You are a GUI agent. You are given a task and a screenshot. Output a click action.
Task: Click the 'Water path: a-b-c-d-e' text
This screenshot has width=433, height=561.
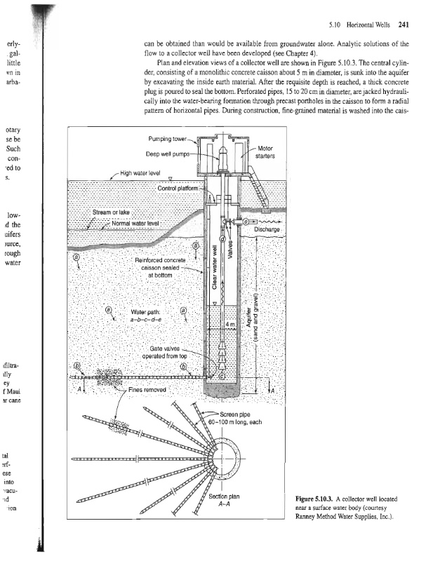146,314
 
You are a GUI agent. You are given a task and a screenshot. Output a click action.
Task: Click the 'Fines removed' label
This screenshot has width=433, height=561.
147,390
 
